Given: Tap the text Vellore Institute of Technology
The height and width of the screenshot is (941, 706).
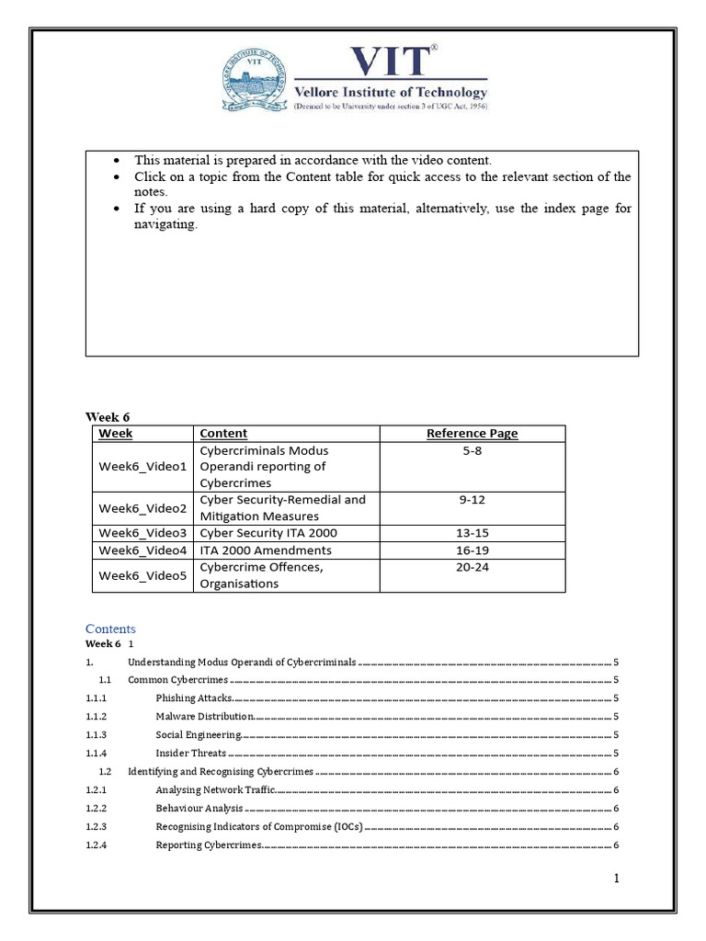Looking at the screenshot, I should tap(391, 92).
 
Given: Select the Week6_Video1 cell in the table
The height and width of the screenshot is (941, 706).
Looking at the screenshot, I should tap(142, 467).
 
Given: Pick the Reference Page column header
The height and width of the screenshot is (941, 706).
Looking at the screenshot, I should tap(472, 433).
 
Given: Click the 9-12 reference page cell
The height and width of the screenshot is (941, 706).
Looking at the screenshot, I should tap(472, 500).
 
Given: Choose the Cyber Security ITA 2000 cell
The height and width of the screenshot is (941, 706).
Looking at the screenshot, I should tap(268, 533).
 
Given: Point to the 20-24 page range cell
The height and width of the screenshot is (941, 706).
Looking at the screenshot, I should tap(472, 567).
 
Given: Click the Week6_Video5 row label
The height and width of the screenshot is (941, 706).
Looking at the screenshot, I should tap(142, 575).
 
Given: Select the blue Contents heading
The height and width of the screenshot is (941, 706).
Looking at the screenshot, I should tap(110, 629).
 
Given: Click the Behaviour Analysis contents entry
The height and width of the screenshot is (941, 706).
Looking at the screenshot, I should tap(199, 809).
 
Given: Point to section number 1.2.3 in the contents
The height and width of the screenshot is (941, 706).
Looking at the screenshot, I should tap(97, 827).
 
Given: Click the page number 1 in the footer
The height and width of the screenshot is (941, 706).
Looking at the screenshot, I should tap(618, 879).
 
